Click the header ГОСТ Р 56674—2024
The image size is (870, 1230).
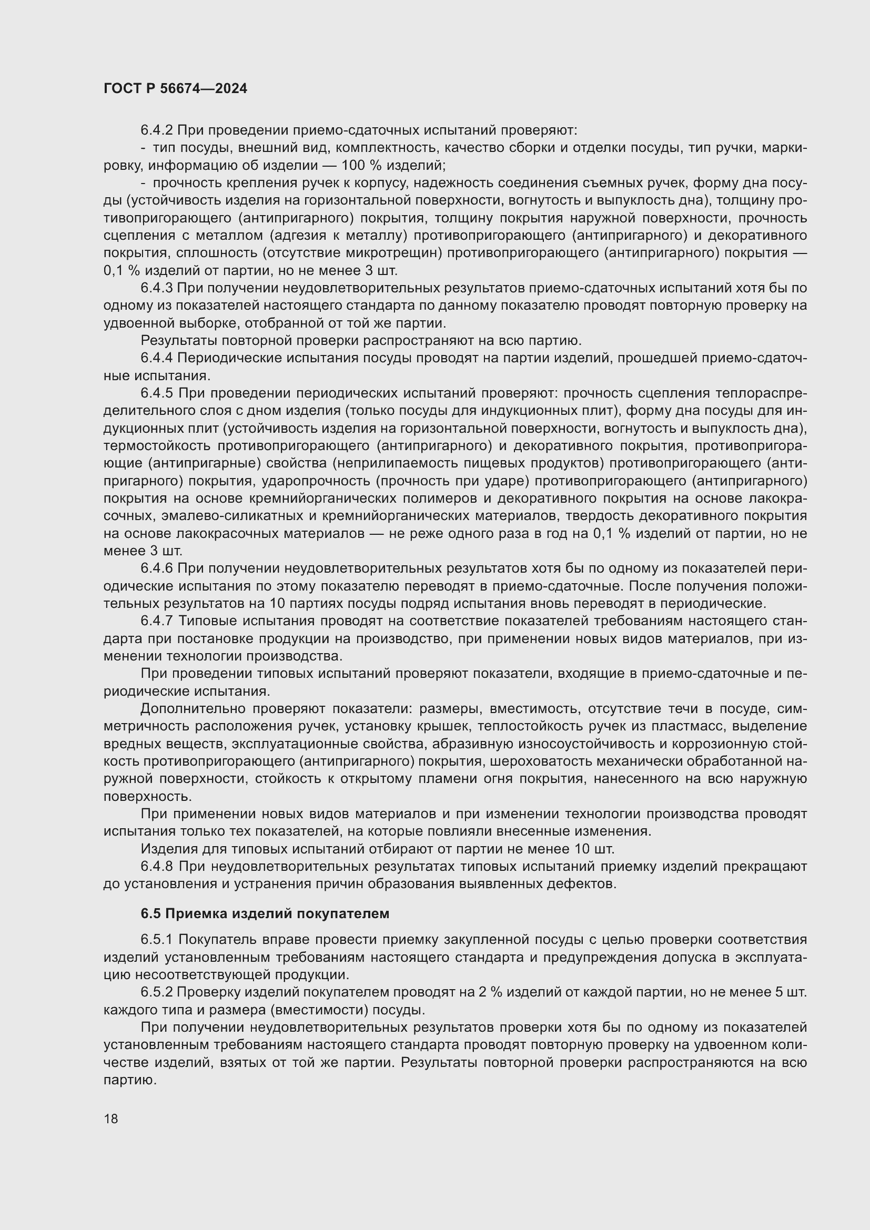click(175, 88)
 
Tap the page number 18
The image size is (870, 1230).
click(111, 1119)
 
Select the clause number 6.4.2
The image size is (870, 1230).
click(156, 130)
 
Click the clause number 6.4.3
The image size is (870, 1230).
click(156, 288)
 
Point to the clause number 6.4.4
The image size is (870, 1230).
click(156, 358)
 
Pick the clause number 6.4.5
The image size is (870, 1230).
click(156, 393)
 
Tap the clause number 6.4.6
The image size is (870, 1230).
click(156, 568)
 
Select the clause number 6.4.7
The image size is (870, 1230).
click(156, 621)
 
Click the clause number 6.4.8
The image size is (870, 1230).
click(156, 866)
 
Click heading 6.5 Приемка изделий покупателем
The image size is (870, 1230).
click(265, 913)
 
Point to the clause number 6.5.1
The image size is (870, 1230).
click(156, 940)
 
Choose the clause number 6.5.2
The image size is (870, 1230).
click(156, 992)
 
